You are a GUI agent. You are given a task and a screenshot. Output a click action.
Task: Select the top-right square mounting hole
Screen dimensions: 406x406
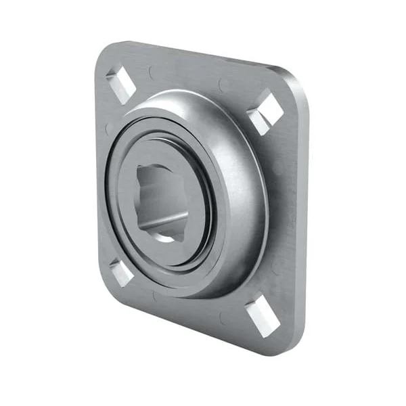(265, 112)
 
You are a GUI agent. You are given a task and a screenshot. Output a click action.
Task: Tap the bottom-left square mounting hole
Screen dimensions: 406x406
(122, 272)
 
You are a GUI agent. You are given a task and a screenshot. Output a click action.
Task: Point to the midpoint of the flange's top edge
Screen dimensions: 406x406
(196, 54)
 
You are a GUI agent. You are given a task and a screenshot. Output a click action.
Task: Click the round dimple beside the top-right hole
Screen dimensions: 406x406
(223, 85)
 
